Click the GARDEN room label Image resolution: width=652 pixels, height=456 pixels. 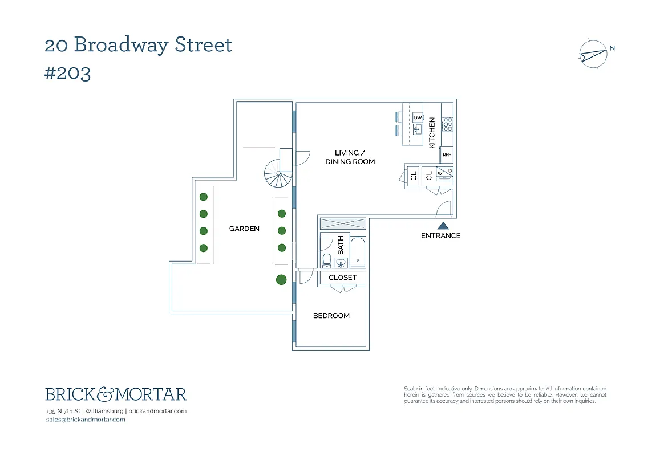(244, 229)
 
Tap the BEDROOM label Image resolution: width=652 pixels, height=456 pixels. (331, 316)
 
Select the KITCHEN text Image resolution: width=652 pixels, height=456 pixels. (432, 133)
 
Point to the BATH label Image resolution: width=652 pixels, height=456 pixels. (341, 245)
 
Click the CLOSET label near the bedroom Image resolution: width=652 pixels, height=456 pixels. (343, 278)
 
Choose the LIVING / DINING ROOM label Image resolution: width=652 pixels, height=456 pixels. (350, 157)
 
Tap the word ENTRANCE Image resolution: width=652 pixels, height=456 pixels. (440, 236)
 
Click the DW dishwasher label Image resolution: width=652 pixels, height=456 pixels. (418, 117)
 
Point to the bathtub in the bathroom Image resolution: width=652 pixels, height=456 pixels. (358, 251)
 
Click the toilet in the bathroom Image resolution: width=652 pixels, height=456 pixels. (327, 261)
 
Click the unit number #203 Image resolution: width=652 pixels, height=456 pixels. (67, 74)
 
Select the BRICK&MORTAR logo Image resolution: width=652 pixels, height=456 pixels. (116, 394)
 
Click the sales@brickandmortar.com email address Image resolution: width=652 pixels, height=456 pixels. (85, 420)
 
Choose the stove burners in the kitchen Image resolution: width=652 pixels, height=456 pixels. (448, 123)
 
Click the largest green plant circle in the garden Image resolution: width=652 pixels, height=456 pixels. (281, 280)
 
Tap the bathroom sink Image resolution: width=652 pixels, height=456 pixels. (341, 263)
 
